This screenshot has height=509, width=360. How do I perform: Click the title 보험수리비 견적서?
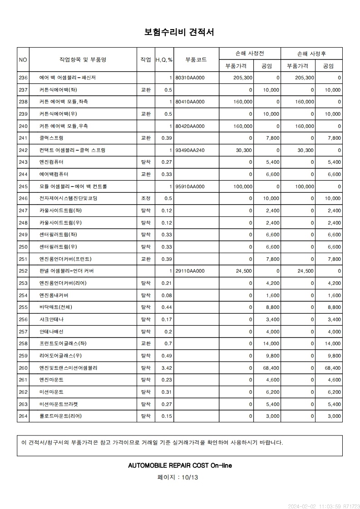[179, 32]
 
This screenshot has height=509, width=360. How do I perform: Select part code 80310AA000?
[190, 78]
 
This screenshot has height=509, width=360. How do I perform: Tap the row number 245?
[23, 186]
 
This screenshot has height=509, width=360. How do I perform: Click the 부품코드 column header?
[196, 59]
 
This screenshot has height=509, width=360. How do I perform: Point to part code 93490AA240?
[190, 150]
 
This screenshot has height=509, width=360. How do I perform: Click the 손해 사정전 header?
[250, 54]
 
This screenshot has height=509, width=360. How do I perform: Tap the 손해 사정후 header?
[311, 54]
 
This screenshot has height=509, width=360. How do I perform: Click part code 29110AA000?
[190, 271]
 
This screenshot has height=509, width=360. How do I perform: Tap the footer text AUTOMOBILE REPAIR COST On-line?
[180, 465]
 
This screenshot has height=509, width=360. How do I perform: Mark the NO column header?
[23, 59]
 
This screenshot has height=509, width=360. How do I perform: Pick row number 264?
[23, 416]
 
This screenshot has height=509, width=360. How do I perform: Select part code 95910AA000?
[190, 186]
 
